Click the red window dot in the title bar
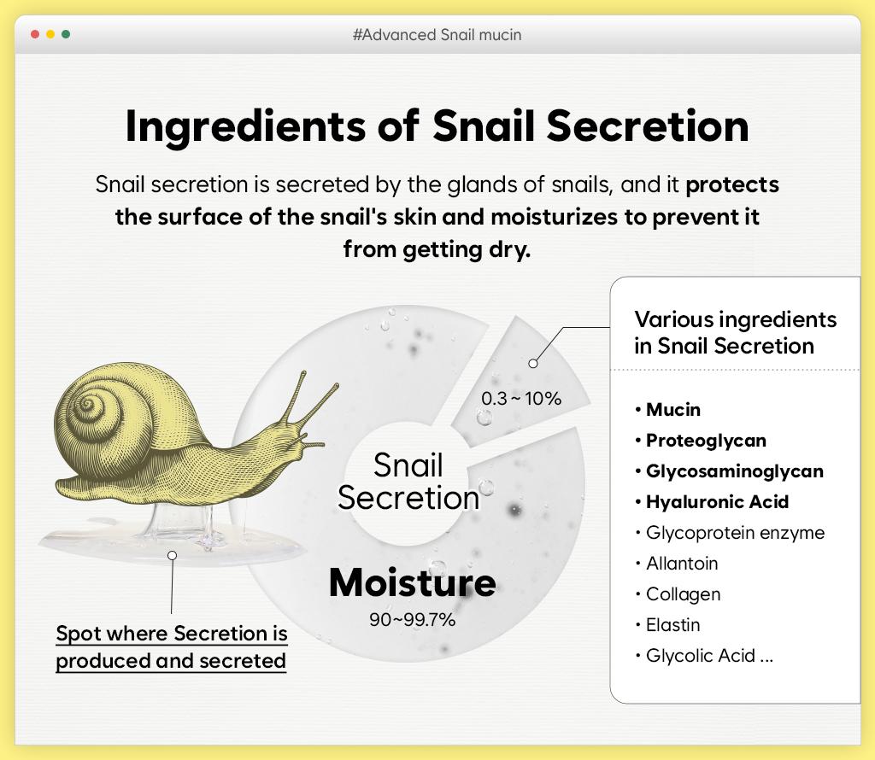pyautogui.click(x=35, y=34)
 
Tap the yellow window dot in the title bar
pyautogui.click(x=50, y=34)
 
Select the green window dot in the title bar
pyautogui.click(x=66, y=34)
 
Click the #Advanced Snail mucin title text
pyautogui.click(x=437, y=35)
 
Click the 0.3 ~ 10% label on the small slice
pyautogui.click(x=521, y=398)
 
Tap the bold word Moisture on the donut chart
pyautogui.click(x=412, y=582)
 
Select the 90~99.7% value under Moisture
pyautogui.click(x=412, y=620)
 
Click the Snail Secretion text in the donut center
pyautogui.click(x=408, y=482)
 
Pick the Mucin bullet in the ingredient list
pyautogui.click(x=672, y=410)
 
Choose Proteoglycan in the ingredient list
pyautogui.click(x=706, y=441)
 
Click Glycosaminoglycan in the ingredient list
pyautogui.click(x=734, y=471)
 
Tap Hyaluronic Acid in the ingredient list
pyautogui.click(x=717, y=502)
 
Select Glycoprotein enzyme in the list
pyautogui.click(x=735, y=533)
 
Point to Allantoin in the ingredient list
pyautogui.click(x=682, y=564)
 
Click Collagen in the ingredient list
pyautogui.click(x=683, y=594)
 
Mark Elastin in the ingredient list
pyautogui.click(x=672, y=625)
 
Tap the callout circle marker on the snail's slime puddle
pyautogui.click(x=172, y=555)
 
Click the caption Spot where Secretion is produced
pyautogui.click(x=172, y=634)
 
